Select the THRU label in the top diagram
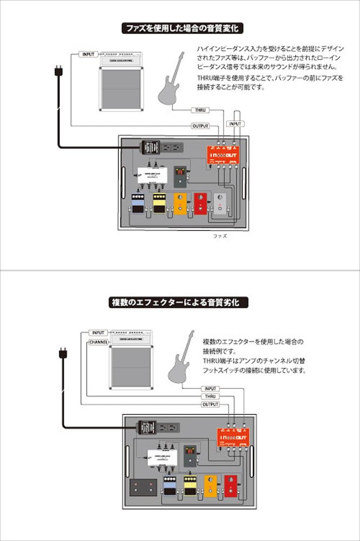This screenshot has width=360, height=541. tap(200, 110)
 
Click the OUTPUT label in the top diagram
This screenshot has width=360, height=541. tap(200, 126)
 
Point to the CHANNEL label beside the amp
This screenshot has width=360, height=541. tap(98, 342)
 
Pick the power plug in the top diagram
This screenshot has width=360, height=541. tap(58, 72)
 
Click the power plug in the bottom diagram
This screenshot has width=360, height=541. tap(63, 355)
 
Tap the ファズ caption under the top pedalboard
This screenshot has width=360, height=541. tap(221, 236)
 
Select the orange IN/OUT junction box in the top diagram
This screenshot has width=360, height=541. tap(224, 154)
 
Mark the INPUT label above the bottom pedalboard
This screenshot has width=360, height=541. tap(210, 388)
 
